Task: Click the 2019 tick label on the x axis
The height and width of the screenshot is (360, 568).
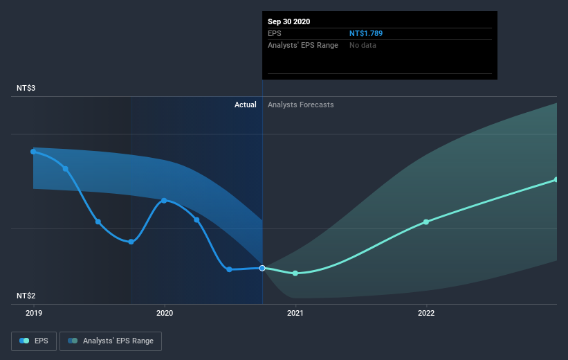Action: point(33,313)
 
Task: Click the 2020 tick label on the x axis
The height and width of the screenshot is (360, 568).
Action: point(164,313)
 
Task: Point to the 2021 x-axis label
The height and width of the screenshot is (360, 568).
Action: point(295,313)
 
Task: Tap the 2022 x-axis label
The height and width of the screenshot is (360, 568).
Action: point(426,313)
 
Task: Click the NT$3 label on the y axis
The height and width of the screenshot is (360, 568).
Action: point(26,89)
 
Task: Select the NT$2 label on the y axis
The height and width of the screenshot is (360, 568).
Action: point(26,296)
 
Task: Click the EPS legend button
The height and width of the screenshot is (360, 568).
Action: point(34,341)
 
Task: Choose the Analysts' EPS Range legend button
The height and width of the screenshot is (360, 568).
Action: point(111,341)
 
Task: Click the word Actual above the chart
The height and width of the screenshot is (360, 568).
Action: point(245,105)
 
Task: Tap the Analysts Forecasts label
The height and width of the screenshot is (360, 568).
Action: point(301,105)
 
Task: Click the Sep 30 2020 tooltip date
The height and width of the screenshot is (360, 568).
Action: point(289,21)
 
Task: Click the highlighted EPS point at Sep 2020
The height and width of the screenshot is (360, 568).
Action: point(262,268)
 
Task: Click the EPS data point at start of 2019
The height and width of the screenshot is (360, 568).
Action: point(33,151)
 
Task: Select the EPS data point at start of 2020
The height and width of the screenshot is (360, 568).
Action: point(164,201)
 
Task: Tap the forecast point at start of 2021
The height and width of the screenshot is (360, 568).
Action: point(295,273)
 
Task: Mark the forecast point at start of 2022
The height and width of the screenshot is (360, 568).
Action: point(426,222)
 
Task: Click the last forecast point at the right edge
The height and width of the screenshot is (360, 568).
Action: point(556,180)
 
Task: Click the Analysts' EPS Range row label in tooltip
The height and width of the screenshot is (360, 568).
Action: point(303,45)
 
